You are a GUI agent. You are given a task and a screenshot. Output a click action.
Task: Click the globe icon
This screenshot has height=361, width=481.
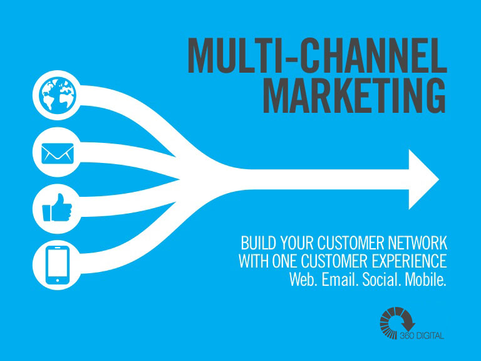58,95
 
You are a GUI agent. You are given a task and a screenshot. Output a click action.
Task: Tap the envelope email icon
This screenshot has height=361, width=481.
58,153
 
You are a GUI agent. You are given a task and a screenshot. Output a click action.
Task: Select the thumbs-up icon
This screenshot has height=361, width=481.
57,208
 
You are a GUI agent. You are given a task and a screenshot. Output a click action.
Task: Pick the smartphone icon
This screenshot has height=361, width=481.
58,265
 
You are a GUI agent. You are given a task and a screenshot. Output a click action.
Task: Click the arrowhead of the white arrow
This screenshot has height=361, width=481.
424,180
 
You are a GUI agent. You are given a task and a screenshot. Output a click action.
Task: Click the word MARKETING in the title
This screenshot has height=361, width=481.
354,95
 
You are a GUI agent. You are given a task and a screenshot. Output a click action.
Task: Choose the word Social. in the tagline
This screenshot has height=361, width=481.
381,279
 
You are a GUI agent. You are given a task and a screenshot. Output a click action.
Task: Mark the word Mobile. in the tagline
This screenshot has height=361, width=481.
425,279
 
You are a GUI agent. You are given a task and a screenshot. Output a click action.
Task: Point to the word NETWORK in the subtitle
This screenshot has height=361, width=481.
418,243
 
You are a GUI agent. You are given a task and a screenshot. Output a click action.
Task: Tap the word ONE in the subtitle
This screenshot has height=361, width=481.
284,261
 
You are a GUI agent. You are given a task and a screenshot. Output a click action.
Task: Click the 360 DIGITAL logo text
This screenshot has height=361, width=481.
422,335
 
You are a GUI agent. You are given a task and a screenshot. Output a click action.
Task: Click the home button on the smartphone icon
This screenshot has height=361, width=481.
58,280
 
